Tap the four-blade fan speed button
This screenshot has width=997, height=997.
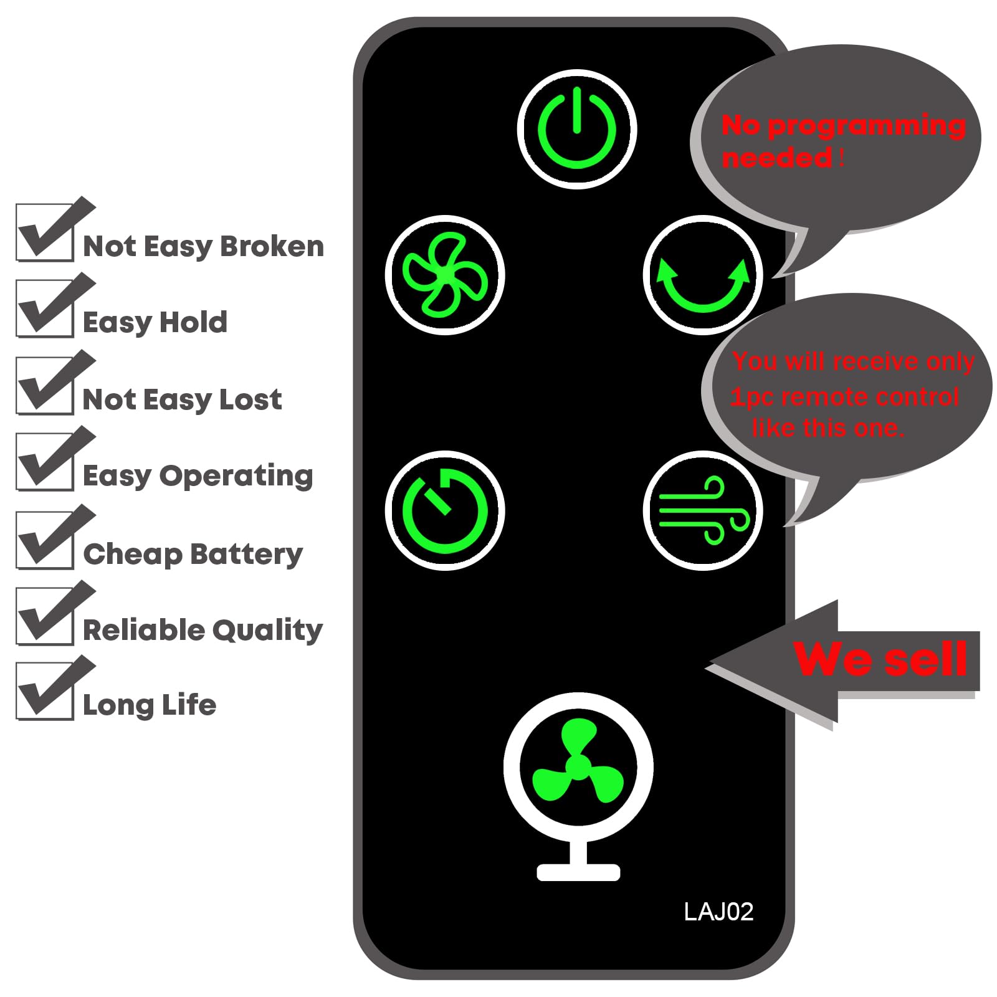[445, 275]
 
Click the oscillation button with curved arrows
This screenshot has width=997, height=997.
[703, 275]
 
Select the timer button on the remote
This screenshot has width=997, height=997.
[445, 510]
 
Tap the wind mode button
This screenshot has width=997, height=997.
[703, 510]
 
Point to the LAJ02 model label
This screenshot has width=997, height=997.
[718, 912]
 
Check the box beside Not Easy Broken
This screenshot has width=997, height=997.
[45, 232]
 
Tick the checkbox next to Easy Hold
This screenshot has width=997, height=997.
[45, 308]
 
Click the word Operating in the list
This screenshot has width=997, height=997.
[236, 477]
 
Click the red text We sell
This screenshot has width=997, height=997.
[880, 659]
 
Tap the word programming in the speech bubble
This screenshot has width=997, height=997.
[867, 126]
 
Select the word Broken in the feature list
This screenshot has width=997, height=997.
[272, 246]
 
